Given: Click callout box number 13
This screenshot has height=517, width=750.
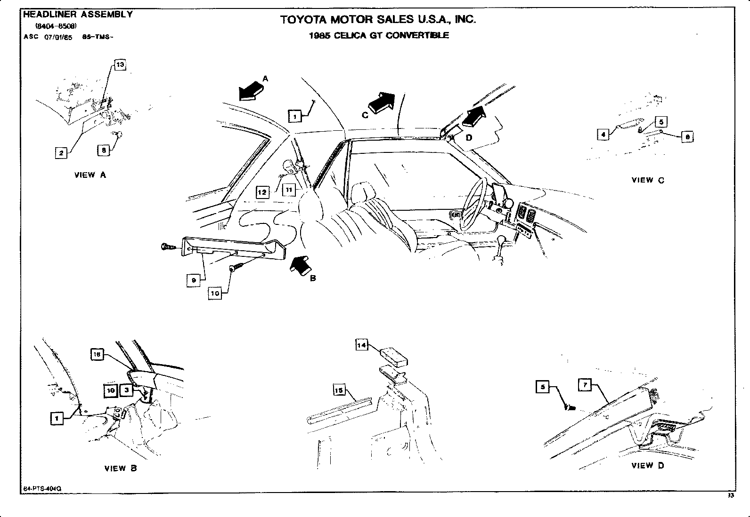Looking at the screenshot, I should (x=120, y=65).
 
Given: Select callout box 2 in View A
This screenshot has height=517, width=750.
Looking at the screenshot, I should (x=61, y=153).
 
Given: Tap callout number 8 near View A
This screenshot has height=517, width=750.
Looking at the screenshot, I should (x=104, y=150).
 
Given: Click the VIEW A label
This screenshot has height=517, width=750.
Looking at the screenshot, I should (x=90, y=175).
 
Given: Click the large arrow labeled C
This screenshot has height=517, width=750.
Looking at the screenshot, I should (x=381, y=102).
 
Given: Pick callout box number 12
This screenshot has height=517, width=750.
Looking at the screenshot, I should (x=262, y=192).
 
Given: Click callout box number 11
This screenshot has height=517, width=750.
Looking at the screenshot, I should (x=289, y=190).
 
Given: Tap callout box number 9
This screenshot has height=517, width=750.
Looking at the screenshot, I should (x=194, y=280).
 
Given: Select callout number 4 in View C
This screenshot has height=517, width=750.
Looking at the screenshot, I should (x=603, y=135).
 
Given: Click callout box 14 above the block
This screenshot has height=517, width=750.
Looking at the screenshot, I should (x=361, y=345).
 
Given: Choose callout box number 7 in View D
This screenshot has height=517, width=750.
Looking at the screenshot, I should (x=585, y=385).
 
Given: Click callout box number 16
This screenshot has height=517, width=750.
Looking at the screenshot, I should (x=97, y=355).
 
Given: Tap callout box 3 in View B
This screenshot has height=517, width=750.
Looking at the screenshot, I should (x=127, y=390).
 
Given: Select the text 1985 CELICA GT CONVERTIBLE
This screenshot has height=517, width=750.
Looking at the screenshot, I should (x=379, y=35).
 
